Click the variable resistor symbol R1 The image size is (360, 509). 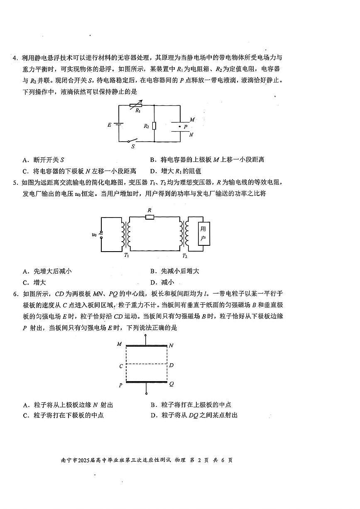tap(136, 105)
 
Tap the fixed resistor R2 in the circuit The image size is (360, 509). tap(154, 126)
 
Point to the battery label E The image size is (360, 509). tap(110, 125)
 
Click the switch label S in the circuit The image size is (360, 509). tap(133, 147)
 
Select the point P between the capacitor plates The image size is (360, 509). tap(180, 126)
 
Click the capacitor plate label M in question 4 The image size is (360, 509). tap(192, 120)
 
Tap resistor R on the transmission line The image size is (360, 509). tap(150, 217)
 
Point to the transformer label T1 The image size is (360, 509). tap(126, 255)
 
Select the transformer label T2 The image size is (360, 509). tap(185, 255)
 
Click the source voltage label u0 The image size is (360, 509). tap(94, 235)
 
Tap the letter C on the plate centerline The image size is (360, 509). tap(121, 366)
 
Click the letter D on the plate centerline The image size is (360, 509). tap(171, 365)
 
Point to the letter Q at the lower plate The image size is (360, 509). tap(171, 384)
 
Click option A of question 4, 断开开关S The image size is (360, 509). tap(44, 159)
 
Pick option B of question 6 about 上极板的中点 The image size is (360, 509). tap(191, 405)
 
